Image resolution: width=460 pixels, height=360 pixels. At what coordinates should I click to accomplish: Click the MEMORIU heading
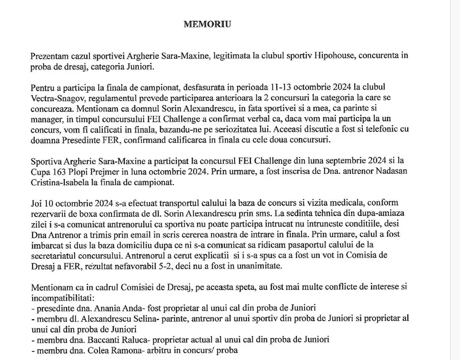[207, 24]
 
